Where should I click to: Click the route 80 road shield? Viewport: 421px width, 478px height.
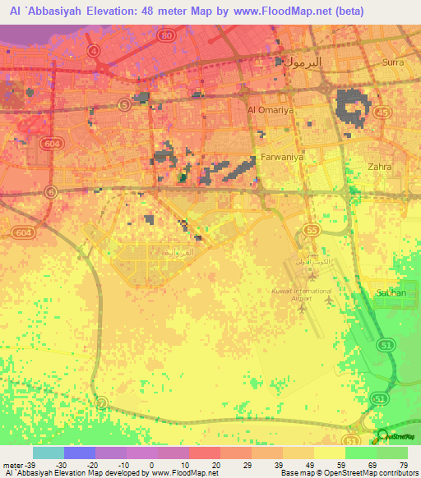167,36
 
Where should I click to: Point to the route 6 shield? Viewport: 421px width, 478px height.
50,192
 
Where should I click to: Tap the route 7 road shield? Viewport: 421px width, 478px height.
101,402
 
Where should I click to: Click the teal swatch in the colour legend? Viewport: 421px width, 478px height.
48,453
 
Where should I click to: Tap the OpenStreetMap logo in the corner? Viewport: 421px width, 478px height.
384,436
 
